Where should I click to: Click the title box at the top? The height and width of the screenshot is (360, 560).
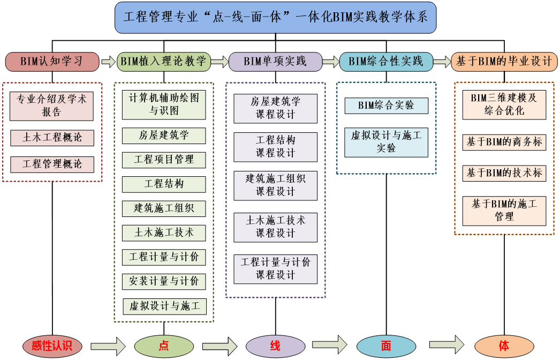276,17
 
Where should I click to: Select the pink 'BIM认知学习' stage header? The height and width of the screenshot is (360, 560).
52,62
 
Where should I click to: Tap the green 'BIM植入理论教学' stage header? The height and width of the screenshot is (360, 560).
164,62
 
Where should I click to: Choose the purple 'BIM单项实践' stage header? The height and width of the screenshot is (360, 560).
275,62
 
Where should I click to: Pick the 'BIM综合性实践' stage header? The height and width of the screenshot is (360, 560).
386,62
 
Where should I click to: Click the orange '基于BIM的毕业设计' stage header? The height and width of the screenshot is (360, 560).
504,62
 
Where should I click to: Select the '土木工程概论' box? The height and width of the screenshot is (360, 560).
52,138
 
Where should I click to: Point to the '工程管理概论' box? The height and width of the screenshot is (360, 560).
52,164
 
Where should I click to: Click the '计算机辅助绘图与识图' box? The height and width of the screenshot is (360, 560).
164,104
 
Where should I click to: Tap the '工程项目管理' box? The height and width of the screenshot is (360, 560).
164,160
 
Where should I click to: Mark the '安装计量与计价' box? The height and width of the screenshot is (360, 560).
164,281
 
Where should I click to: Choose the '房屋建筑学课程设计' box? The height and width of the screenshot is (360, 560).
275,108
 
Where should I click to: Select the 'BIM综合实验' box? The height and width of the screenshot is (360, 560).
386,106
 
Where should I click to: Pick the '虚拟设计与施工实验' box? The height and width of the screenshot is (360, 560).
386,142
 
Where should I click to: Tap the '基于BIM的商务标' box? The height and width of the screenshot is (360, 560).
504,142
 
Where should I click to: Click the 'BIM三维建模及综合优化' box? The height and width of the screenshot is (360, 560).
504,104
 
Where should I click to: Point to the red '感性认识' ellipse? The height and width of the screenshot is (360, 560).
52,346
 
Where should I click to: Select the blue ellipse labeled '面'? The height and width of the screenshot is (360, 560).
386,346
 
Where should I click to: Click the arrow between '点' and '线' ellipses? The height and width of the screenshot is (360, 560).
220,346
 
